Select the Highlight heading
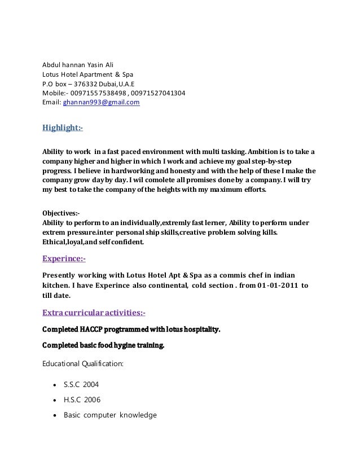(x=63, y=129)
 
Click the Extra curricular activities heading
(x=94, y=312)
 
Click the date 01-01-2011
(x=273, y=285)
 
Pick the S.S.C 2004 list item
(x=81, y=384)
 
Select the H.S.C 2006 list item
(x=81, y=399)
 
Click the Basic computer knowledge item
(x=110, y=415)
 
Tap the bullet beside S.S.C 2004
(x=54, y=385)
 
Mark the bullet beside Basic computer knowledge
(x=54, y=416)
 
